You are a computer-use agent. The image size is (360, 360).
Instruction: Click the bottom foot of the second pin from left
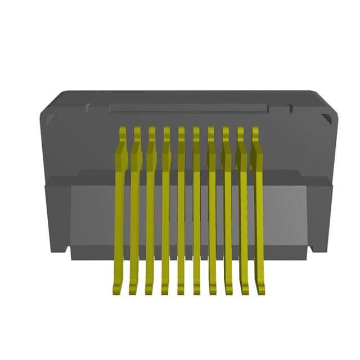point(133,289)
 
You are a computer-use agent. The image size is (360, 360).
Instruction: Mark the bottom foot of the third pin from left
point(149,289)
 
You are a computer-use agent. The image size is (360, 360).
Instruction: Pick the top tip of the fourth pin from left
point(166,131)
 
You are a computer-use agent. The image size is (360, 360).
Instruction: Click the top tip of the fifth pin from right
point(196,131)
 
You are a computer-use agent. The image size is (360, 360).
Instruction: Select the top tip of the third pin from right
point(226,131)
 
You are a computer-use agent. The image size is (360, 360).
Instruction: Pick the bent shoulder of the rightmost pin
point(259,155)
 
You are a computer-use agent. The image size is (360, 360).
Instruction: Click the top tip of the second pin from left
point(137,131)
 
